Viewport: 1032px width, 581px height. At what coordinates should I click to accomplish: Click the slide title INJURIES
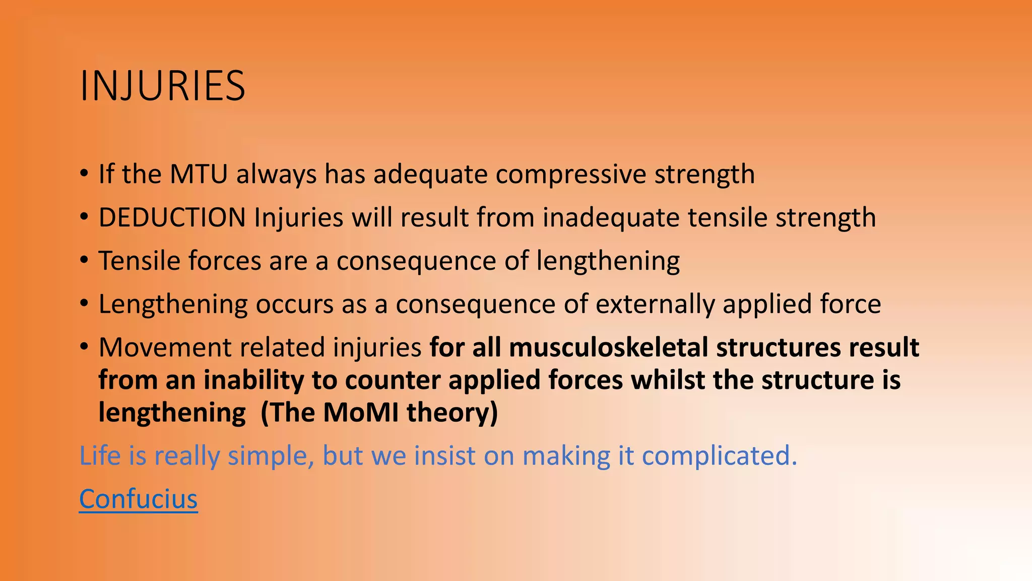(x=162, y=86)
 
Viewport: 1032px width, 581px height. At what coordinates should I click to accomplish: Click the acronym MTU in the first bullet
(x=199, y=175)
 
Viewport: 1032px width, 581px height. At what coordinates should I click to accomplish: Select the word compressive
(x=570, y=175)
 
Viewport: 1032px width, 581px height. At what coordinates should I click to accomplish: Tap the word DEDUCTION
(x=172, y=218)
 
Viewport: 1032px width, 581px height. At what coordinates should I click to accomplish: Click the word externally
(x=655, y=305)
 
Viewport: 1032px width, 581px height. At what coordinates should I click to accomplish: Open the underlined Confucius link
(x=138, y=499)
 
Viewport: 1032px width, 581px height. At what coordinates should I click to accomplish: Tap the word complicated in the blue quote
(x=719, y=456)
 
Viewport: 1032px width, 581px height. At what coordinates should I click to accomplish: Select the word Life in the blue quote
(x=100, y=456)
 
